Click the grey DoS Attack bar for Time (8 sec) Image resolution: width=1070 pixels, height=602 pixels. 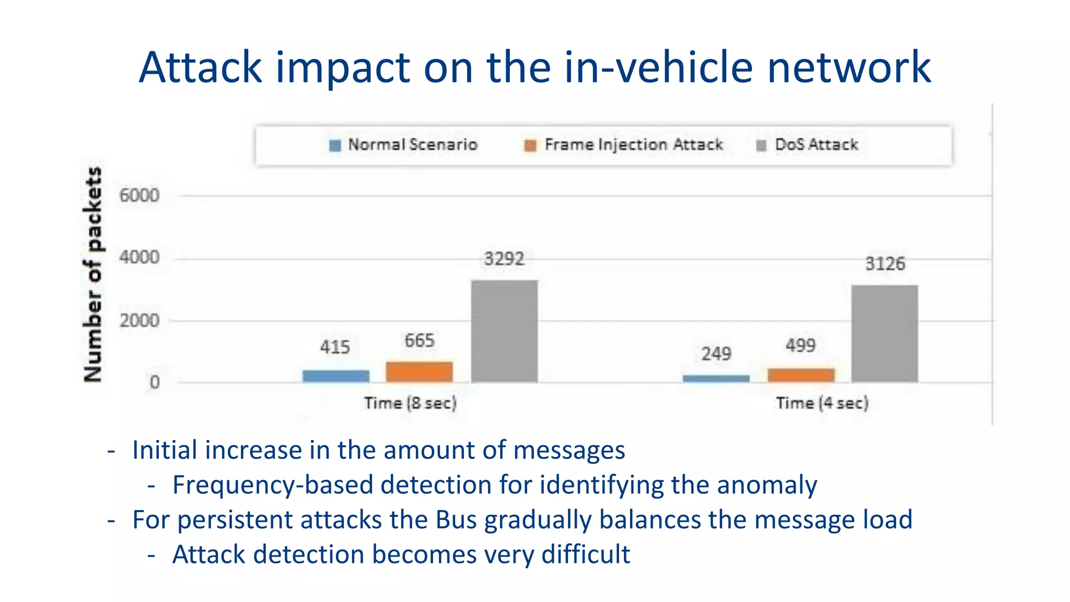coord(504,331)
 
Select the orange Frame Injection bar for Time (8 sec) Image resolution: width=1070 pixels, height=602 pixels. coord(419,372)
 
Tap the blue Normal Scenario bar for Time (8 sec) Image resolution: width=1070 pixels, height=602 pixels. coord(335,376)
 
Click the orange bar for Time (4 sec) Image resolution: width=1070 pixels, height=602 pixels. coord(801,375)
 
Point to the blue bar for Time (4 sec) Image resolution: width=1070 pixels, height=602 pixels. coord(716,378)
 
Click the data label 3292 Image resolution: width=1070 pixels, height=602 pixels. coord(504,259)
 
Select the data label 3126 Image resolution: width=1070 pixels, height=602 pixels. coord(885,264)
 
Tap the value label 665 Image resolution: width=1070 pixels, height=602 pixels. coord(419,341)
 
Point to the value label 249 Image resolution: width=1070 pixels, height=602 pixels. coord(716,354)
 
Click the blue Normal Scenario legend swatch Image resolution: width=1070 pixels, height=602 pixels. coord(335,145)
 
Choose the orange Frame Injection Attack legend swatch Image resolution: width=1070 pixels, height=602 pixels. coord(530,145)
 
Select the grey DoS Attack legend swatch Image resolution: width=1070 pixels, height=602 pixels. coord(761,145)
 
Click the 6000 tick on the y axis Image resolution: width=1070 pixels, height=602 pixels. coord(139,195)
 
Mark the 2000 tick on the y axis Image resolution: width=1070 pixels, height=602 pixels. coord(139,320)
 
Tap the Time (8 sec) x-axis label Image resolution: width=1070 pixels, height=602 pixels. coord(410,403)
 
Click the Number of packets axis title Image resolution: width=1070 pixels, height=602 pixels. coord(92,274)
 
